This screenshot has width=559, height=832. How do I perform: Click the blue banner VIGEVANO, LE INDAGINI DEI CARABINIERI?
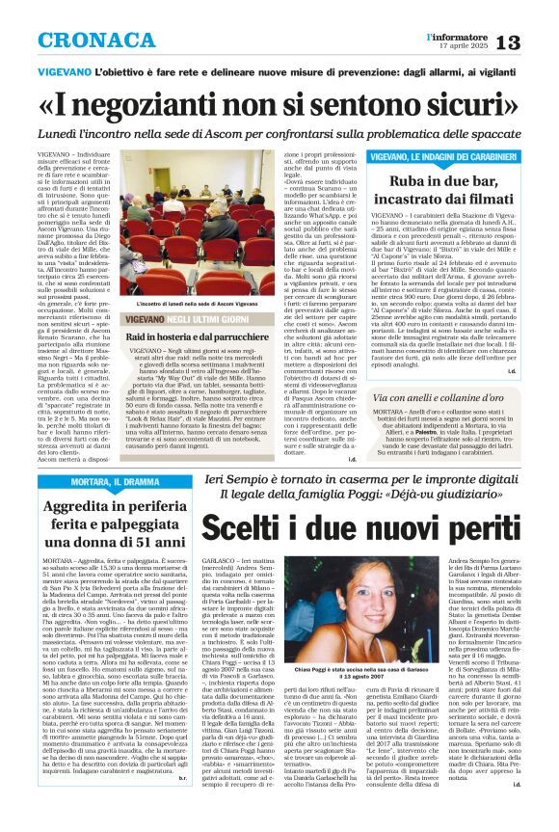442,155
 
